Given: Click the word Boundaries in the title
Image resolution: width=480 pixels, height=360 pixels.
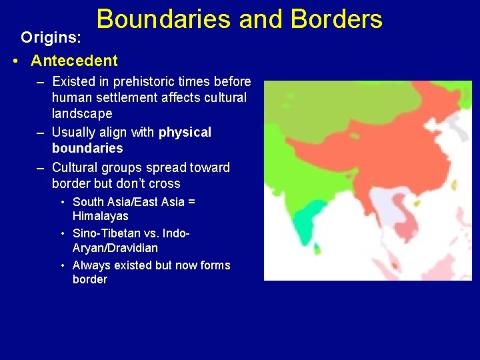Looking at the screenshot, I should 163,19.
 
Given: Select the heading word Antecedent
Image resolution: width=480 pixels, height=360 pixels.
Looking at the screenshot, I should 74,61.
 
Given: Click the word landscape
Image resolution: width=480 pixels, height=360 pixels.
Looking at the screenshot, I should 82,113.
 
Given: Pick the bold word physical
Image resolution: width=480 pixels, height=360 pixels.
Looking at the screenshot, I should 185,132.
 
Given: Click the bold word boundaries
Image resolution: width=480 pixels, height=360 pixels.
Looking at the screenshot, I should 87,148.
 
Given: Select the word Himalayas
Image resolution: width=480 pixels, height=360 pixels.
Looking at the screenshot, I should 101,216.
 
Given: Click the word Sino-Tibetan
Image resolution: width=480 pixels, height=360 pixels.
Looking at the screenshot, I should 107,233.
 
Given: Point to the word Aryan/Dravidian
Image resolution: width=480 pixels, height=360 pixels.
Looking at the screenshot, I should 115,248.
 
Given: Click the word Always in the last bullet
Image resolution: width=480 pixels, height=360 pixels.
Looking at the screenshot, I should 91,265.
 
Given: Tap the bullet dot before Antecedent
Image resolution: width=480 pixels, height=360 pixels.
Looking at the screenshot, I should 16,61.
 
